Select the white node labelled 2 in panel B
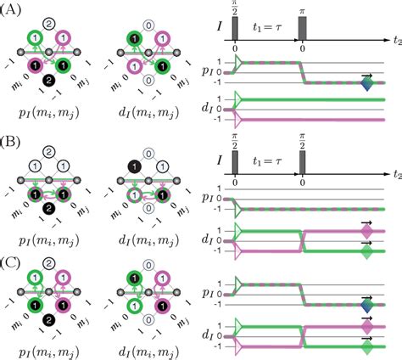tap(52, 150)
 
